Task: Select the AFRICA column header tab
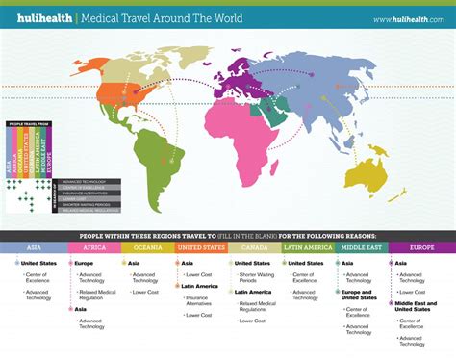(x=93, y=247)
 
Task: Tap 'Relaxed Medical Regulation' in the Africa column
(x=96, y=293)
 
